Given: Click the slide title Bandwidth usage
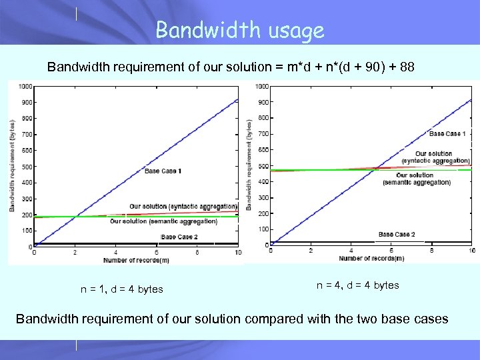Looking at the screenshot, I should [x=239, y=30].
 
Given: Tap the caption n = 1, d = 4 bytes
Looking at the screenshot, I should [x=122, y=289].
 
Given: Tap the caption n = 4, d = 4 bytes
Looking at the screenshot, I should [x=357, y=285].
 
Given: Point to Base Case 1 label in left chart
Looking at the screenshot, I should [x=163, y=171].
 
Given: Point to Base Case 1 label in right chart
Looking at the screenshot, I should [x=447, y=134].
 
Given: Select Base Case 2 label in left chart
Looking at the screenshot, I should [x=179, y=237].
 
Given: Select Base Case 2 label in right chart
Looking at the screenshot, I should [x=397, y=234].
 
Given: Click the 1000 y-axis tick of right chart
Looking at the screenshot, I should [x=262, y=86].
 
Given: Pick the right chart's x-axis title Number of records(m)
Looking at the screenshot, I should [x=371, y=257].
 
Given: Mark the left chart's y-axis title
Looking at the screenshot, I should [x=12, y=165].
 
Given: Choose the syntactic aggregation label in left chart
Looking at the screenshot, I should [x=183, y=206].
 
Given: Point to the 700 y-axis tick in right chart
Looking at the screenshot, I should [x=263, y=134].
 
